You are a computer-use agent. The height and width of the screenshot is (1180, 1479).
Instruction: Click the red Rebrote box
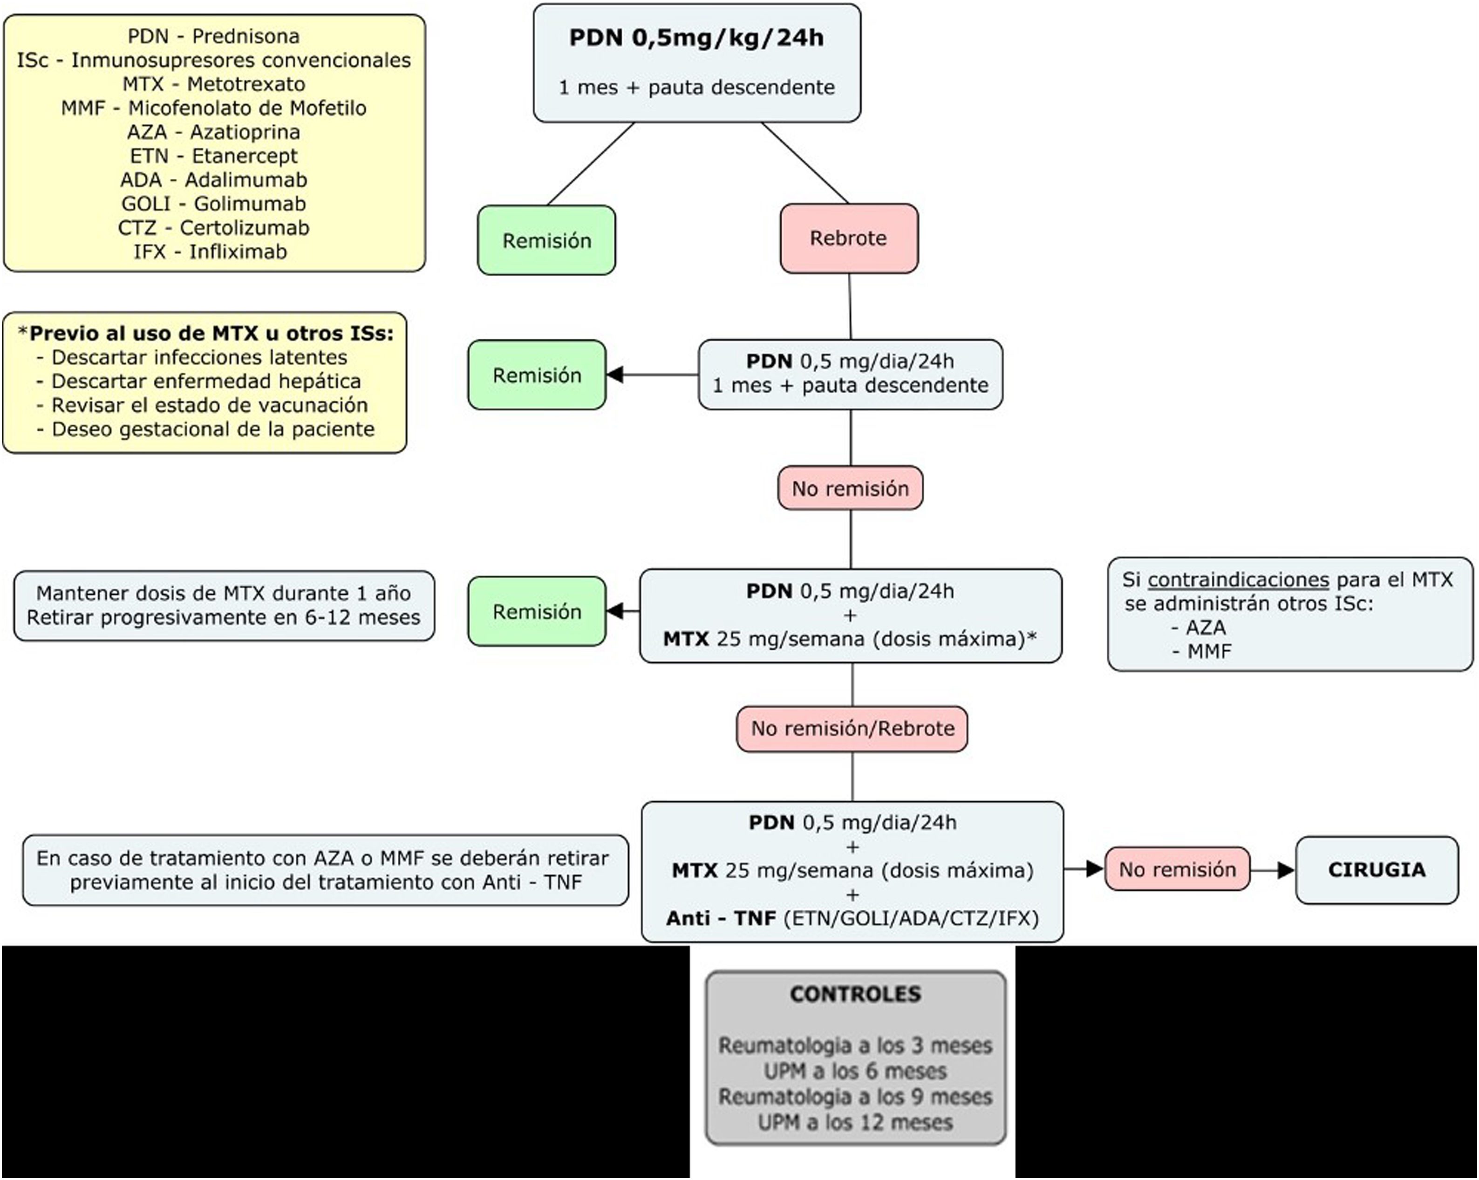tap(849, 239)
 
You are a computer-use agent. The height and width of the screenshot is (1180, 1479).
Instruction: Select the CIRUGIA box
tap(1376, 870)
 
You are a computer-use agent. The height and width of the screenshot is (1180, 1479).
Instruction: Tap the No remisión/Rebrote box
tap(852, 729)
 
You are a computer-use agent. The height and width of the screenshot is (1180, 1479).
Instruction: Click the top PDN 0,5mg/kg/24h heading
tap(696, 38)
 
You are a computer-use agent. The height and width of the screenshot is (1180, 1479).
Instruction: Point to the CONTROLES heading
tap(855, 994)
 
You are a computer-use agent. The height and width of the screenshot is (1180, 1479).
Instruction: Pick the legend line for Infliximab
tap(210, 252)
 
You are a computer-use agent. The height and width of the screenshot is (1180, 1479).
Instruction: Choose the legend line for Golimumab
tap(213, 204)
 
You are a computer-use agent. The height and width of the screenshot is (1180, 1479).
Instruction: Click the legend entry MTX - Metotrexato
tap(214, 84)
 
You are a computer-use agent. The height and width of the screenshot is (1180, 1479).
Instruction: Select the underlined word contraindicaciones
tap(1238, 580)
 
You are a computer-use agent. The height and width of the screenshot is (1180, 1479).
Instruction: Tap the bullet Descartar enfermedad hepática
tap(206, 382)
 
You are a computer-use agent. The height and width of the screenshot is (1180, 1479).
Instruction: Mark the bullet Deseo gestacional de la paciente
tap(213, 430)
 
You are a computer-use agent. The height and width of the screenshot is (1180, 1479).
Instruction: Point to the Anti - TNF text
tap(721, 918)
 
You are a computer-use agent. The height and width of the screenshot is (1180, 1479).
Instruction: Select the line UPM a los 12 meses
tap(855, 1123)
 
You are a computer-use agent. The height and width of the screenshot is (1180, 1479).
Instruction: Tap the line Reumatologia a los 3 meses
tap(855, 1045)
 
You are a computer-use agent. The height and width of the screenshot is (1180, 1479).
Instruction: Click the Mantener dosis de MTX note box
tap(224, 606)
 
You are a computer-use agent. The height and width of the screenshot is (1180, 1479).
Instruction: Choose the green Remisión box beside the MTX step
tap(537, 611)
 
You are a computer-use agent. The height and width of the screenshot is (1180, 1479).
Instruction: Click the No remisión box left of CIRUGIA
tap(1177, 870)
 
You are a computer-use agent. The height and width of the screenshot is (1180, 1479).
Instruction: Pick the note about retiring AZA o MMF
tap(325, 870)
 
